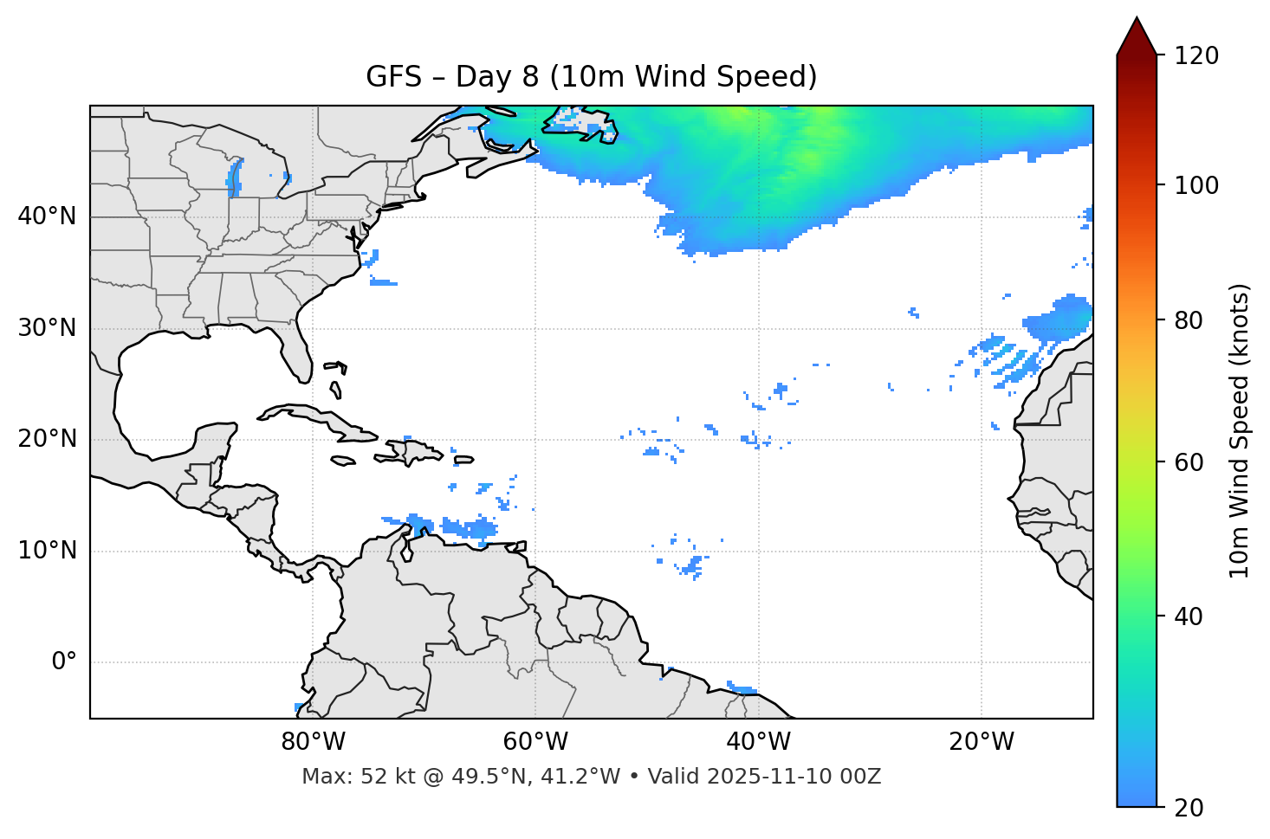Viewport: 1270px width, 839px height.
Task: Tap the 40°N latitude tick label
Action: pos(47,216)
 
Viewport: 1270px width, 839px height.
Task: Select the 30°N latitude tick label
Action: pos(47,328)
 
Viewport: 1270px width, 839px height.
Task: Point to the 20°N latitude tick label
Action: pos(47,439)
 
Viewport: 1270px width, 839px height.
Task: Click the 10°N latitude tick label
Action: pos(47,551)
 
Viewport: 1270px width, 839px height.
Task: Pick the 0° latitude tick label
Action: pos(64,662)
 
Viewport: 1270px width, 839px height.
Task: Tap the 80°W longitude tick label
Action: pos(313,742)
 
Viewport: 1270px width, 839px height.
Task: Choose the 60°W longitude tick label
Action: pos(535,742)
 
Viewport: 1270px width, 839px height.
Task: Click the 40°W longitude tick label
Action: pos(758,742)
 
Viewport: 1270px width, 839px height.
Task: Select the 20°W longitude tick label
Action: pos(981,742)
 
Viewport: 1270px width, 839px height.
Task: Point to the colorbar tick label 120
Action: pos(1196,56)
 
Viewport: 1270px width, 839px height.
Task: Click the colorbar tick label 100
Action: pos(1196,185)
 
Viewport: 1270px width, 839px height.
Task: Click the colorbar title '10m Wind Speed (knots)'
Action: pos(1240,430)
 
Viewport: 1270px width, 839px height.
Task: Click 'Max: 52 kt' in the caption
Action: pos(339,777)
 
